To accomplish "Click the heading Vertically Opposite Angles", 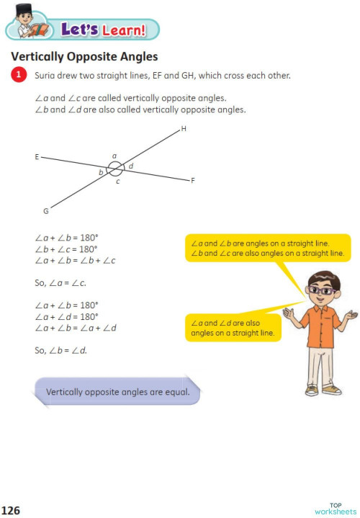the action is [84, 56].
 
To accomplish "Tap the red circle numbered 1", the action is [18, 75].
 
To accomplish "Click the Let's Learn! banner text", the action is [103, 30].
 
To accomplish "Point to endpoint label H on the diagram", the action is [184, 129].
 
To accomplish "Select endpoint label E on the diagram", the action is [36, 156].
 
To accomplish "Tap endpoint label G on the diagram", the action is [45, 211].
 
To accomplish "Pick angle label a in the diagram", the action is [114, 156].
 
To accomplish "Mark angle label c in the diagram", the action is [117, 181].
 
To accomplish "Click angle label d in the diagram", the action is [130, 166].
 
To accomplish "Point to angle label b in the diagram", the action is [101, 173].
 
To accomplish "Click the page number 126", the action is [11, 510].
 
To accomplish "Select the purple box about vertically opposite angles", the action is [117, 393].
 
